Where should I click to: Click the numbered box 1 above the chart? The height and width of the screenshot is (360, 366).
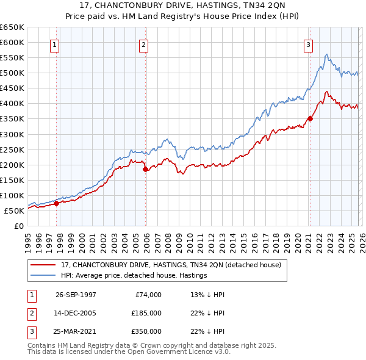point(54,45)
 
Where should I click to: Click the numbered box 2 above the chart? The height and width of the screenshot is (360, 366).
point(143,45)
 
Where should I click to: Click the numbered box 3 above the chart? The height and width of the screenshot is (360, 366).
point(308,45)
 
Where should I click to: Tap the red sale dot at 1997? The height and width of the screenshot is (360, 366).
point(56,204)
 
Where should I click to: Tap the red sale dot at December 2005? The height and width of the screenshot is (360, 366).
point(145,170)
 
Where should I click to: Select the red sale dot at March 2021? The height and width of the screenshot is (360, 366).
point(310,118)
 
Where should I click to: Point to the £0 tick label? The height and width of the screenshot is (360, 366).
point(19,226)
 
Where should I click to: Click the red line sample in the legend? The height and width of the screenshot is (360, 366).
point(44,265)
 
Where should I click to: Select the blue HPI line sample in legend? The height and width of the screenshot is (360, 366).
point(44,276)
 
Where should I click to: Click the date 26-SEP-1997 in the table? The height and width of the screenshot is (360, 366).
point(76,295)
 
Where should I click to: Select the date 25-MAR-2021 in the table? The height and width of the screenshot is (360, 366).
point(76,331)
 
